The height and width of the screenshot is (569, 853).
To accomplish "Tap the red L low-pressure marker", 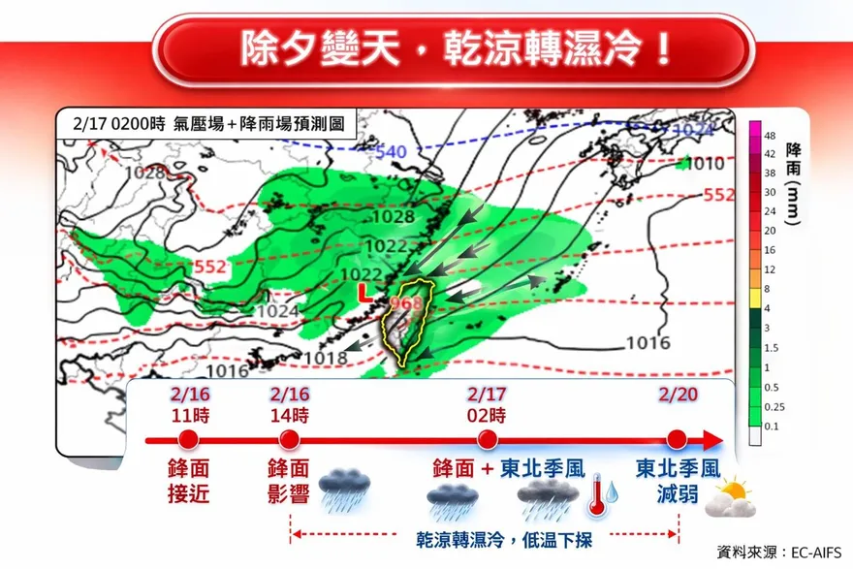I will click(363, 292).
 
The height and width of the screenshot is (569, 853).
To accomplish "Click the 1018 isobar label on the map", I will click(326, 359).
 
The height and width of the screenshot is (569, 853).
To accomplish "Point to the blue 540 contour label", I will click(391, 152).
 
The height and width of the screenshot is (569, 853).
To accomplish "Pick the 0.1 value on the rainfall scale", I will click(772, 425).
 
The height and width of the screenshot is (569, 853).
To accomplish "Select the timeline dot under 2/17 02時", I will click(487, 439).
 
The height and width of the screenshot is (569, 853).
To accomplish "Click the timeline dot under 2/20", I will click(677, 439).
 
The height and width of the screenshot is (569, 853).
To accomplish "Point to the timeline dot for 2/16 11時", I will click(188, 439).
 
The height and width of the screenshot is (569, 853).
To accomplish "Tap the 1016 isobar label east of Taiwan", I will click(648, 342).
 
